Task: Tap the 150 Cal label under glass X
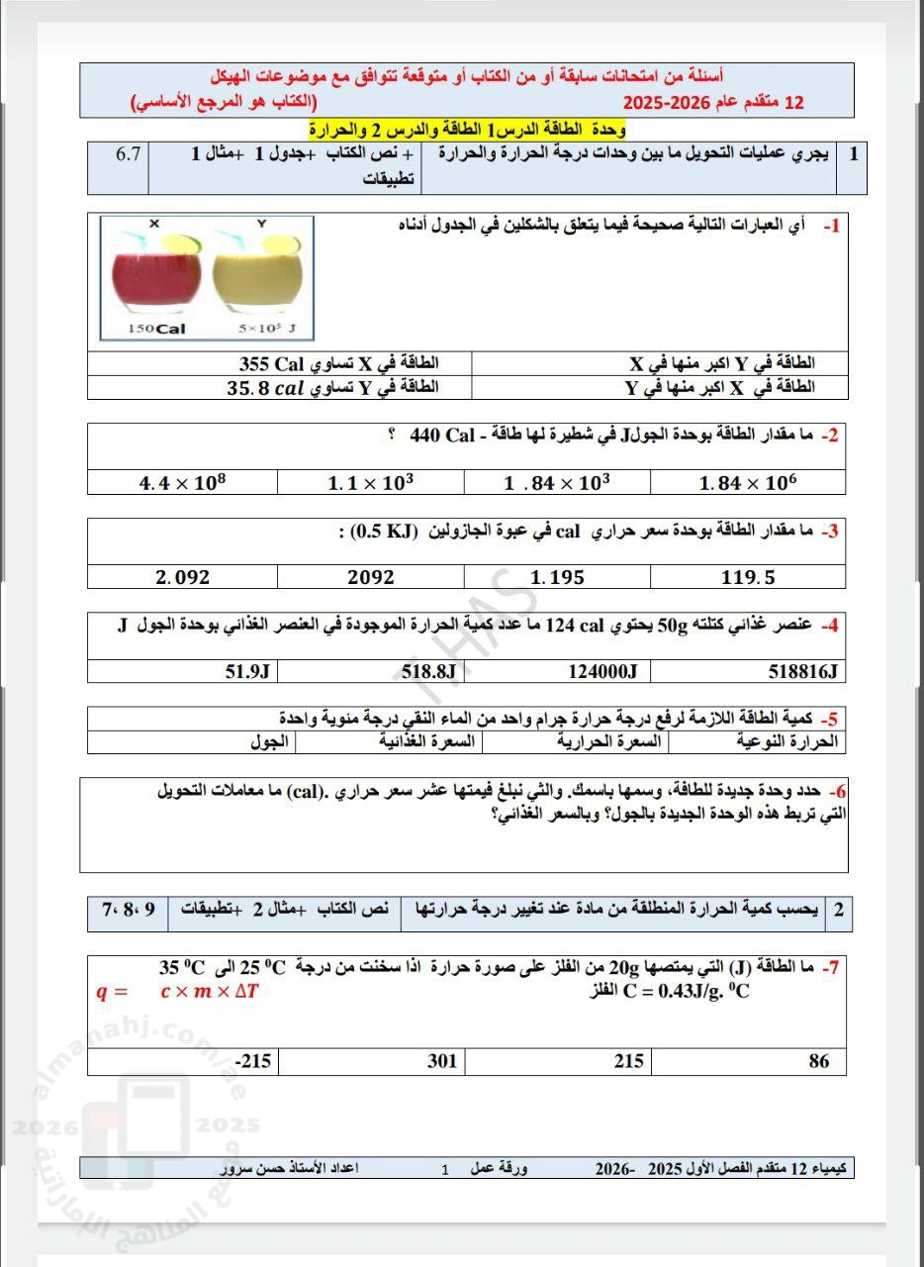tap(156, 329)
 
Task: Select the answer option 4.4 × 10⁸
tap(183, 483)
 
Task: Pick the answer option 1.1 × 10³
tap(370, 483)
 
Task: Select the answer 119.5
tap(749, 576)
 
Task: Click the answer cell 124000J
tap(602, 672)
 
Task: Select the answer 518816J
tap(802, 672)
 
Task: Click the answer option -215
tap(252, 1062)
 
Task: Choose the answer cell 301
tap(441, 1062)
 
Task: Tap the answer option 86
tap(818, 1062)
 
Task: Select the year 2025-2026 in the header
tap(669, 102)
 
